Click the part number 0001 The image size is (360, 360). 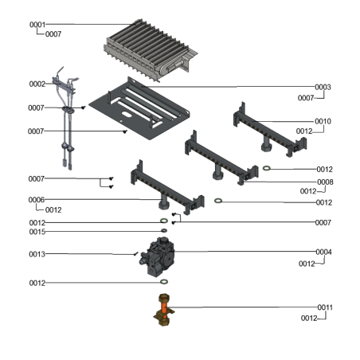pyautogui.click(x=37, y=25)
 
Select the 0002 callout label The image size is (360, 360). pyautogui.click(x=37, y=84)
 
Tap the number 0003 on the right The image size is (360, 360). pyautogui.click(x=323, y=87)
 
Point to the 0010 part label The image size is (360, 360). pyautogui.click(x=323, y=121)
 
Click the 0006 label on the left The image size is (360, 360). pyautogui.click(x=37, y=199)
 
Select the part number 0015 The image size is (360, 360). pyautogui.click(x=37, y=232)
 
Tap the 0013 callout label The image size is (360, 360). pyautogui.click(x=37, y=254)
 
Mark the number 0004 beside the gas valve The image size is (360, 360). pyautogui.click(x=323, y=252)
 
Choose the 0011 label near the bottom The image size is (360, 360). pyautogui.click(x=325, y=307)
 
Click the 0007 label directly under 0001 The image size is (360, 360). pyautogui.click(x=54, y=35)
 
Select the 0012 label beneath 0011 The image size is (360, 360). pyautogui.click(x=309, y=319)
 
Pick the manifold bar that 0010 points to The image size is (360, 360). pyautogui.click(x=267, y=127)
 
